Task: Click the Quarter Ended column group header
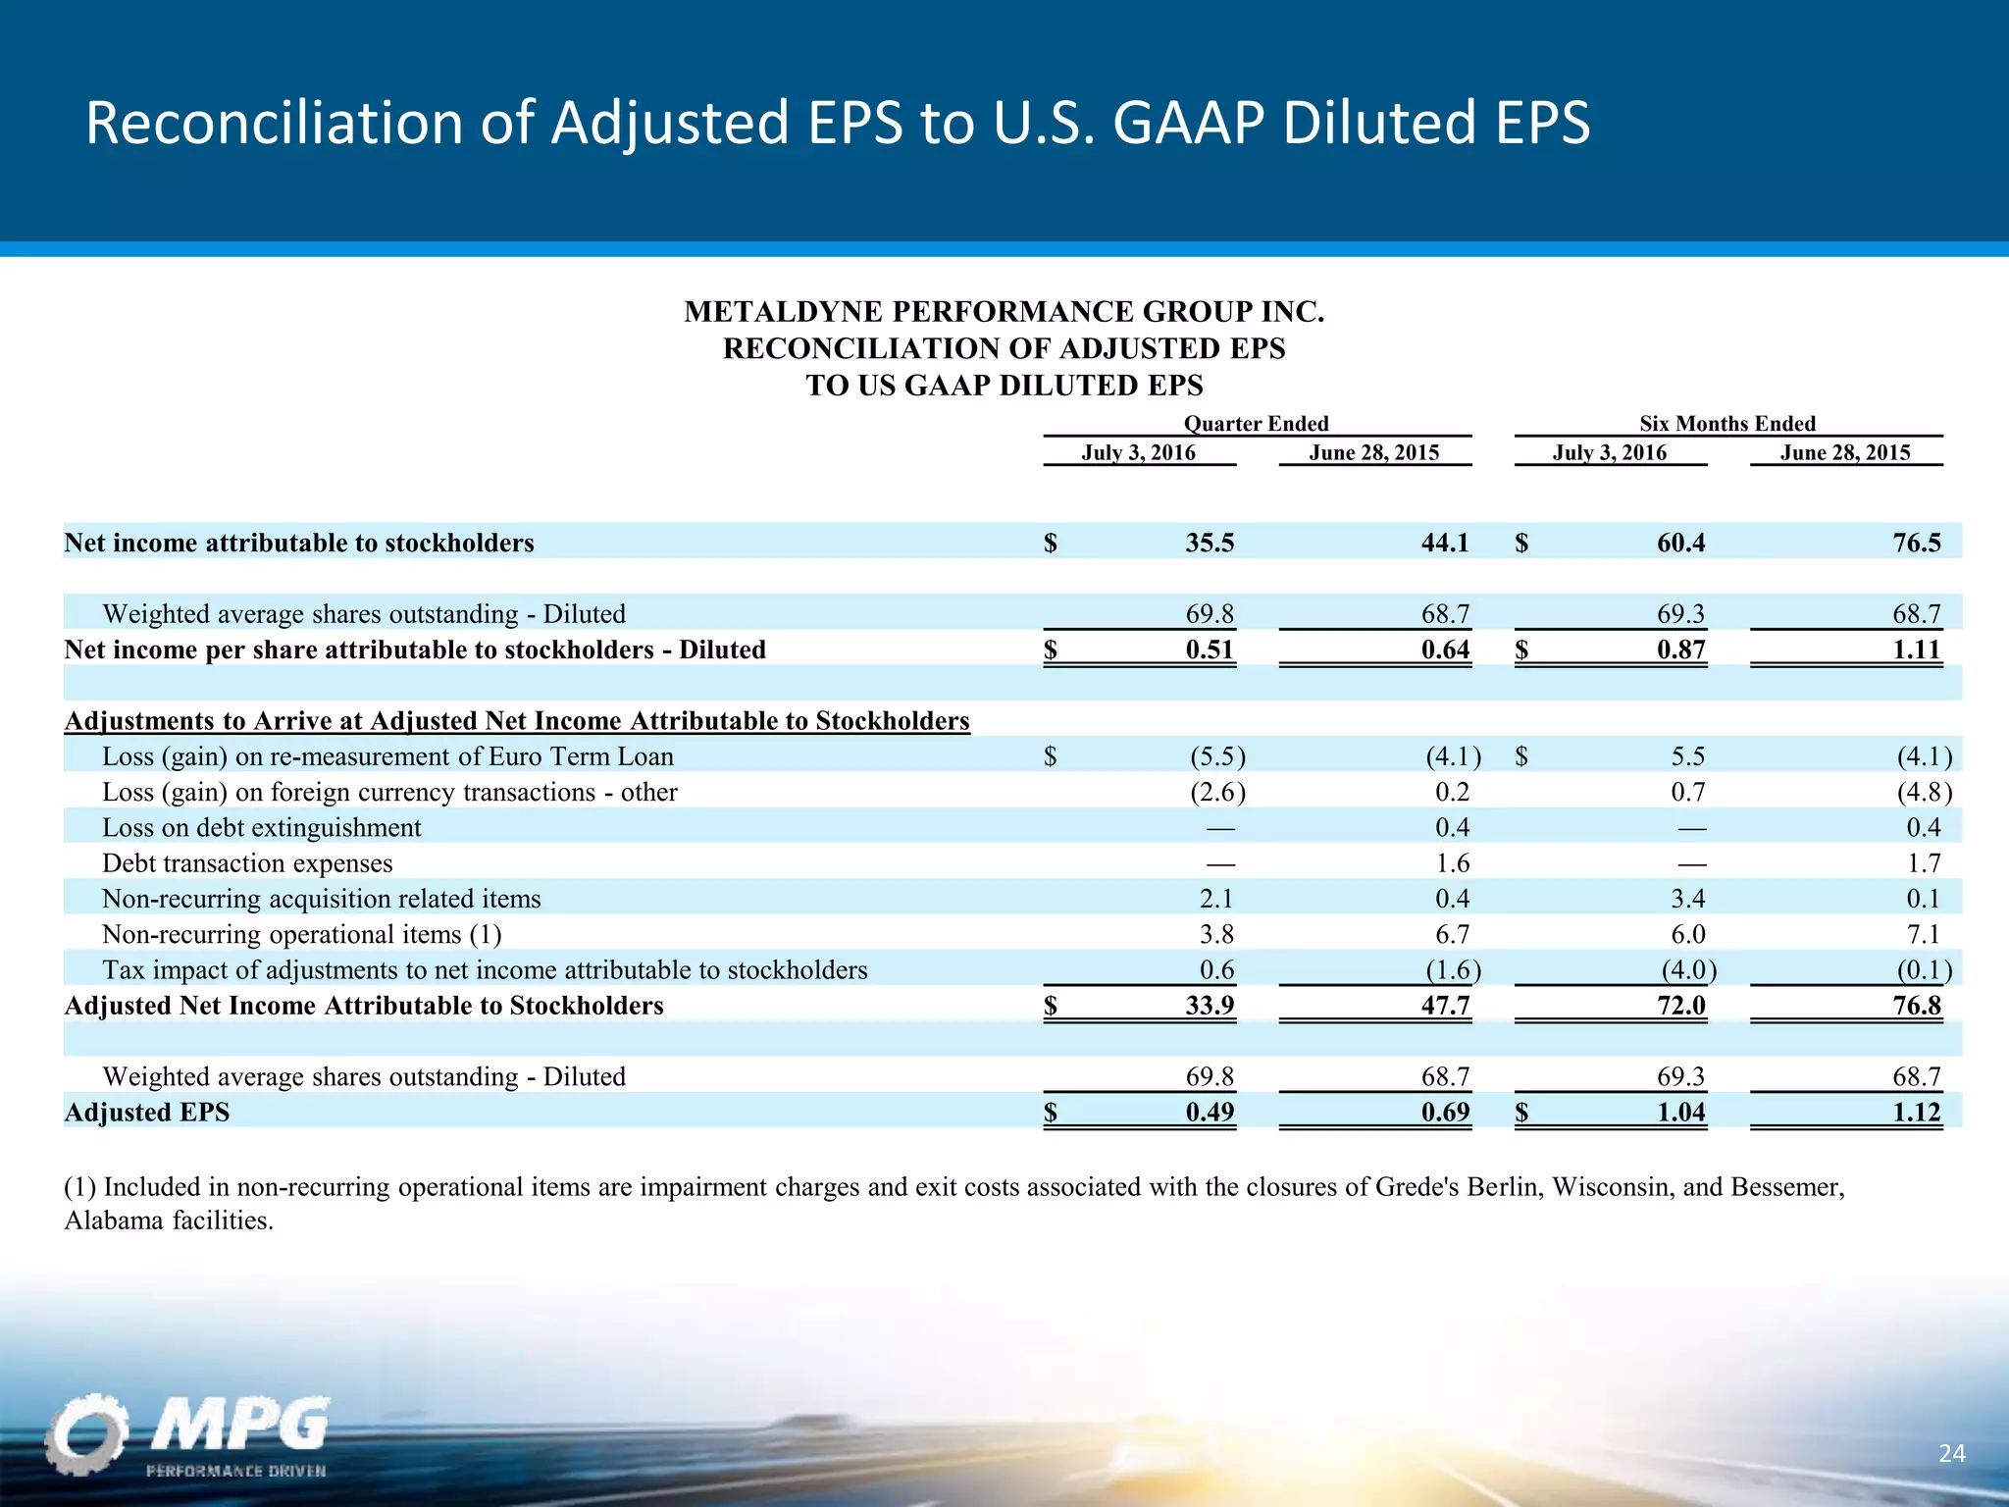(1256, 423)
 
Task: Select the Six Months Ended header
(1726, 423)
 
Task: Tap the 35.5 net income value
(1210, 543)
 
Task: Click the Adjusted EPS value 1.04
(1680, 1112)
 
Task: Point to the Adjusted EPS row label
(147, 1112)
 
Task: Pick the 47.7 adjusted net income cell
(1445, 1006)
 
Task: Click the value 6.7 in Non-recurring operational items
(1452, 934)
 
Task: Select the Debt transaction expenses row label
(247, 863)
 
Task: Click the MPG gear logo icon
(86, 1433)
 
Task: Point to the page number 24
(1951, 1453)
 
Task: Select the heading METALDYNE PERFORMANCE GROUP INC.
(1004, 312)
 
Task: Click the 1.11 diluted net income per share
(1916, 650)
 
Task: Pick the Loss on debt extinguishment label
(262, 828)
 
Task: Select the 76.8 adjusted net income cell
(1916, 1006)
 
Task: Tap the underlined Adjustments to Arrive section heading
(517, 721)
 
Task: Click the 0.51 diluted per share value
(1210, 650)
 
